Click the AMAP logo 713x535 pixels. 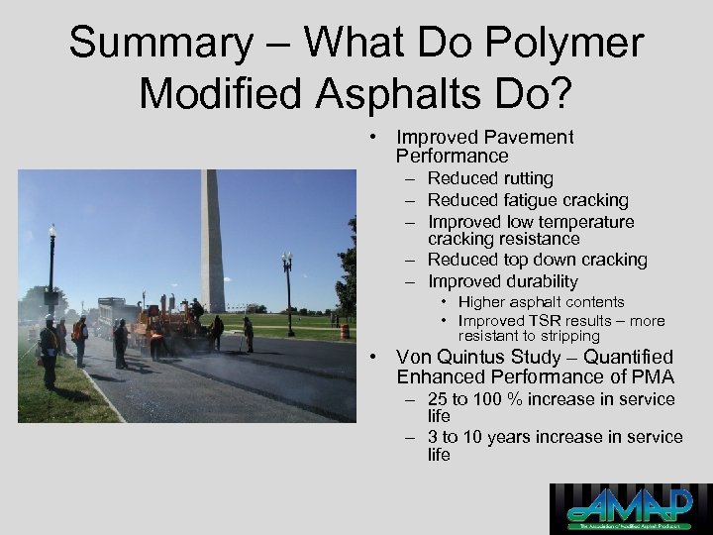coord(630,508)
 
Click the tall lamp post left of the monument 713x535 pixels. coord(51,267)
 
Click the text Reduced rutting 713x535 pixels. coord(490,178)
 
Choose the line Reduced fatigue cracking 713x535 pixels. coord(528,200)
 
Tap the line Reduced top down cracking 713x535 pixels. coord(537,260)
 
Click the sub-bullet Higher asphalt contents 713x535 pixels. coord(542,302)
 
